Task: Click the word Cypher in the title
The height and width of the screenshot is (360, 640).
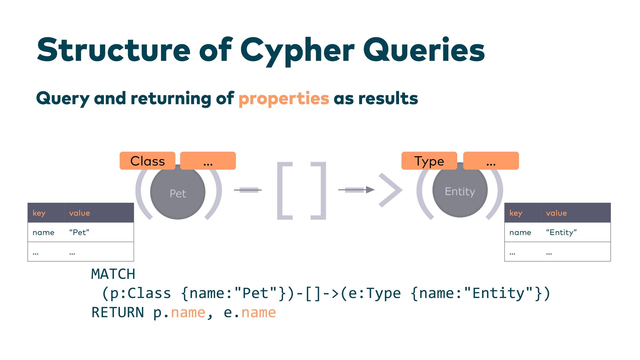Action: click(297, 50)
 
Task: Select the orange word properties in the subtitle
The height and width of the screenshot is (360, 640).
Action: click(284, 99)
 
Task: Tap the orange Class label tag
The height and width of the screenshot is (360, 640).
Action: click(147, 161)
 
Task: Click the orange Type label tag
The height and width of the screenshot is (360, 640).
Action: click(429, 161)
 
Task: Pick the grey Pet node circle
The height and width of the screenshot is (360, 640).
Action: click(178, 193)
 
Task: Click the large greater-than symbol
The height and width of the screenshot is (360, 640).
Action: click(390, 190)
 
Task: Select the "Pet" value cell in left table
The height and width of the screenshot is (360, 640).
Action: click(79, 232)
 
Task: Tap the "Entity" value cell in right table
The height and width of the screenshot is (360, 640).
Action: click(561, 232)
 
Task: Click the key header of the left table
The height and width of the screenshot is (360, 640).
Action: click(39, 213)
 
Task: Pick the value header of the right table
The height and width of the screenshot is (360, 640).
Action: click(556, 213)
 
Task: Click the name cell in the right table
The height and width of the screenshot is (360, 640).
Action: click(520, 232)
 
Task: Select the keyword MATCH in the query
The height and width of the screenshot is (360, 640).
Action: click(113, 274)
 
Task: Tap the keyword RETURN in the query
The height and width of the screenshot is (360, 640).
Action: click(118, 313)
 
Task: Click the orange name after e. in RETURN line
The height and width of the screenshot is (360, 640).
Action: click(259, 313)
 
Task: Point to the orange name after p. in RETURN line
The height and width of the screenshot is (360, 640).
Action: click(188, 313)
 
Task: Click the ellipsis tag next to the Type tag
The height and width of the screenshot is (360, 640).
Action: click(491, 161)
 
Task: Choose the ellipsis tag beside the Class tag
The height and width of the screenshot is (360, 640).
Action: click(208, 161)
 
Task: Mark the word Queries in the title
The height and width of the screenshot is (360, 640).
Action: click(424, 50)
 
